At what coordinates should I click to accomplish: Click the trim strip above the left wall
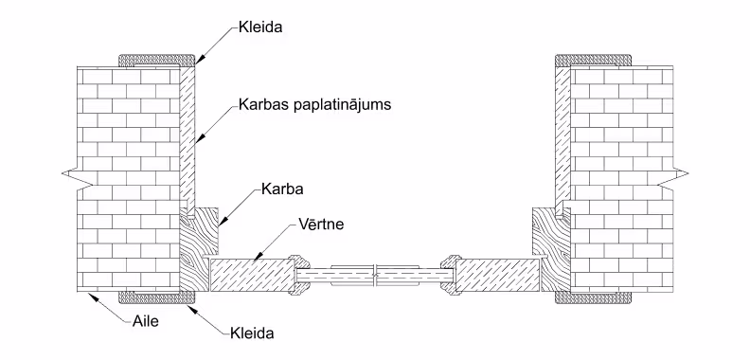pos(156,60)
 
